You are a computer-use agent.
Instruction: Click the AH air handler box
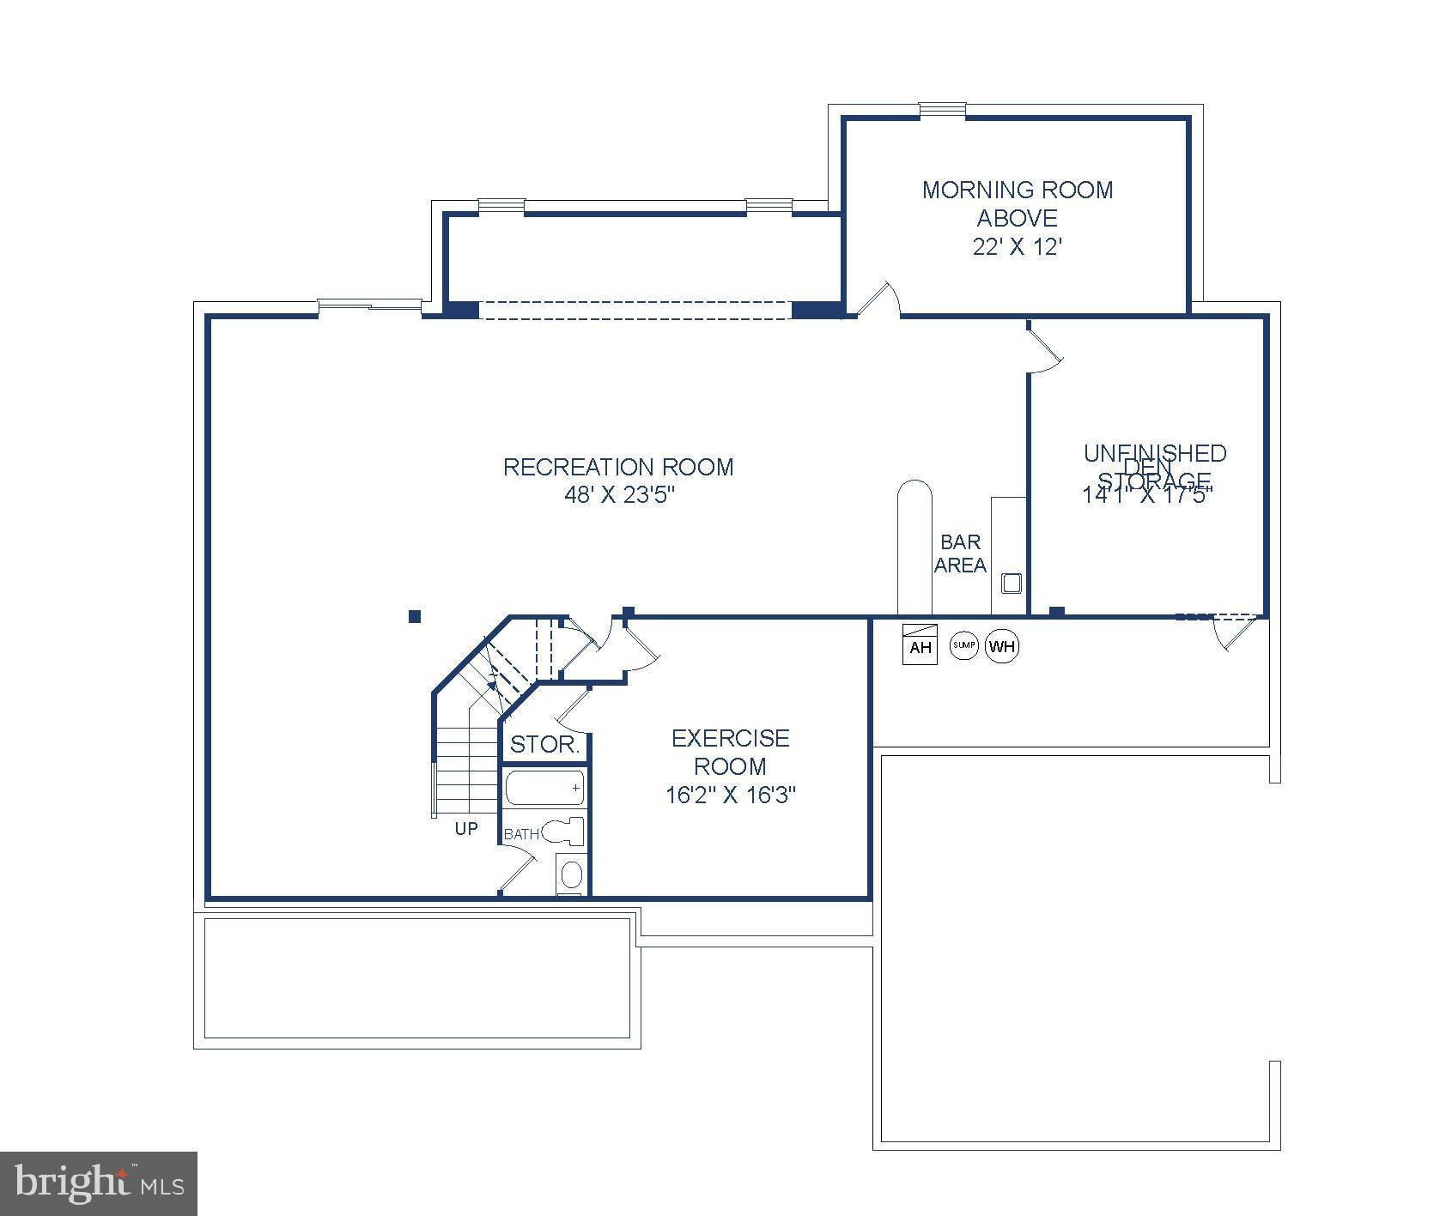[920, 644]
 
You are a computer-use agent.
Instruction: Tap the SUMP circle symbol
[963, 645]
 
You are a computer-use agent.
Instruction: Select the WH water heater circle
[1002, 646]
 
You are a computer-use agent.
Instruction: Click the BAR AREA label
[960, 554]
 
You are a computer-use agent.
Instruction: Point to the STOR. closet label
[544, 745]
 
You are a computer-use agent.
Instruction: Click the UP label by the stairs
[466, 829]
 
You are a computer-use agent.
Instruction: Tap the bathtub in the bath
[544, 788]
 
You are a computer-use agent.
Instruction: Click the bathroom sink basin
[570, 875]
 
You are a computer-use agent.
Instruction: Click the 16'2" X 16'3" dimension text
[731, 795]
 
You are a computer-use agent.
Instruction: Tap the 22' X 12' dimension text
[1017, 247]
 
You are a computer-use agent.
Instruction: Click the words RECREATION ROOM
[618, 467]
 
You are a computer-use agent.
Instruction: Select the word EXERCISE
[731, 738]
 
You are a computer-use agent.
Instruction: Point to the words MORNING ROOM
[1017, 190]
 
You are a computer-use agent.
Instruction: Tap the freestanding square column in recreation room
[415, 616]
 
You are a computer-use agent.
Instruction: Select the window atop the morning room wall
[942, 109]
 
